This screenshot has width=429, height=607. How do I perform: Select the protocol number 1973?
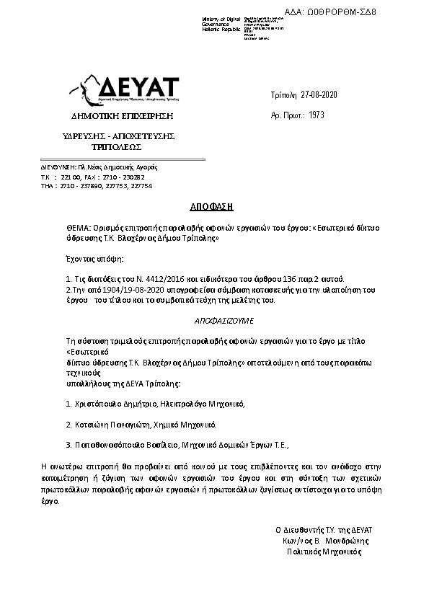(x=317, y=114)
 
